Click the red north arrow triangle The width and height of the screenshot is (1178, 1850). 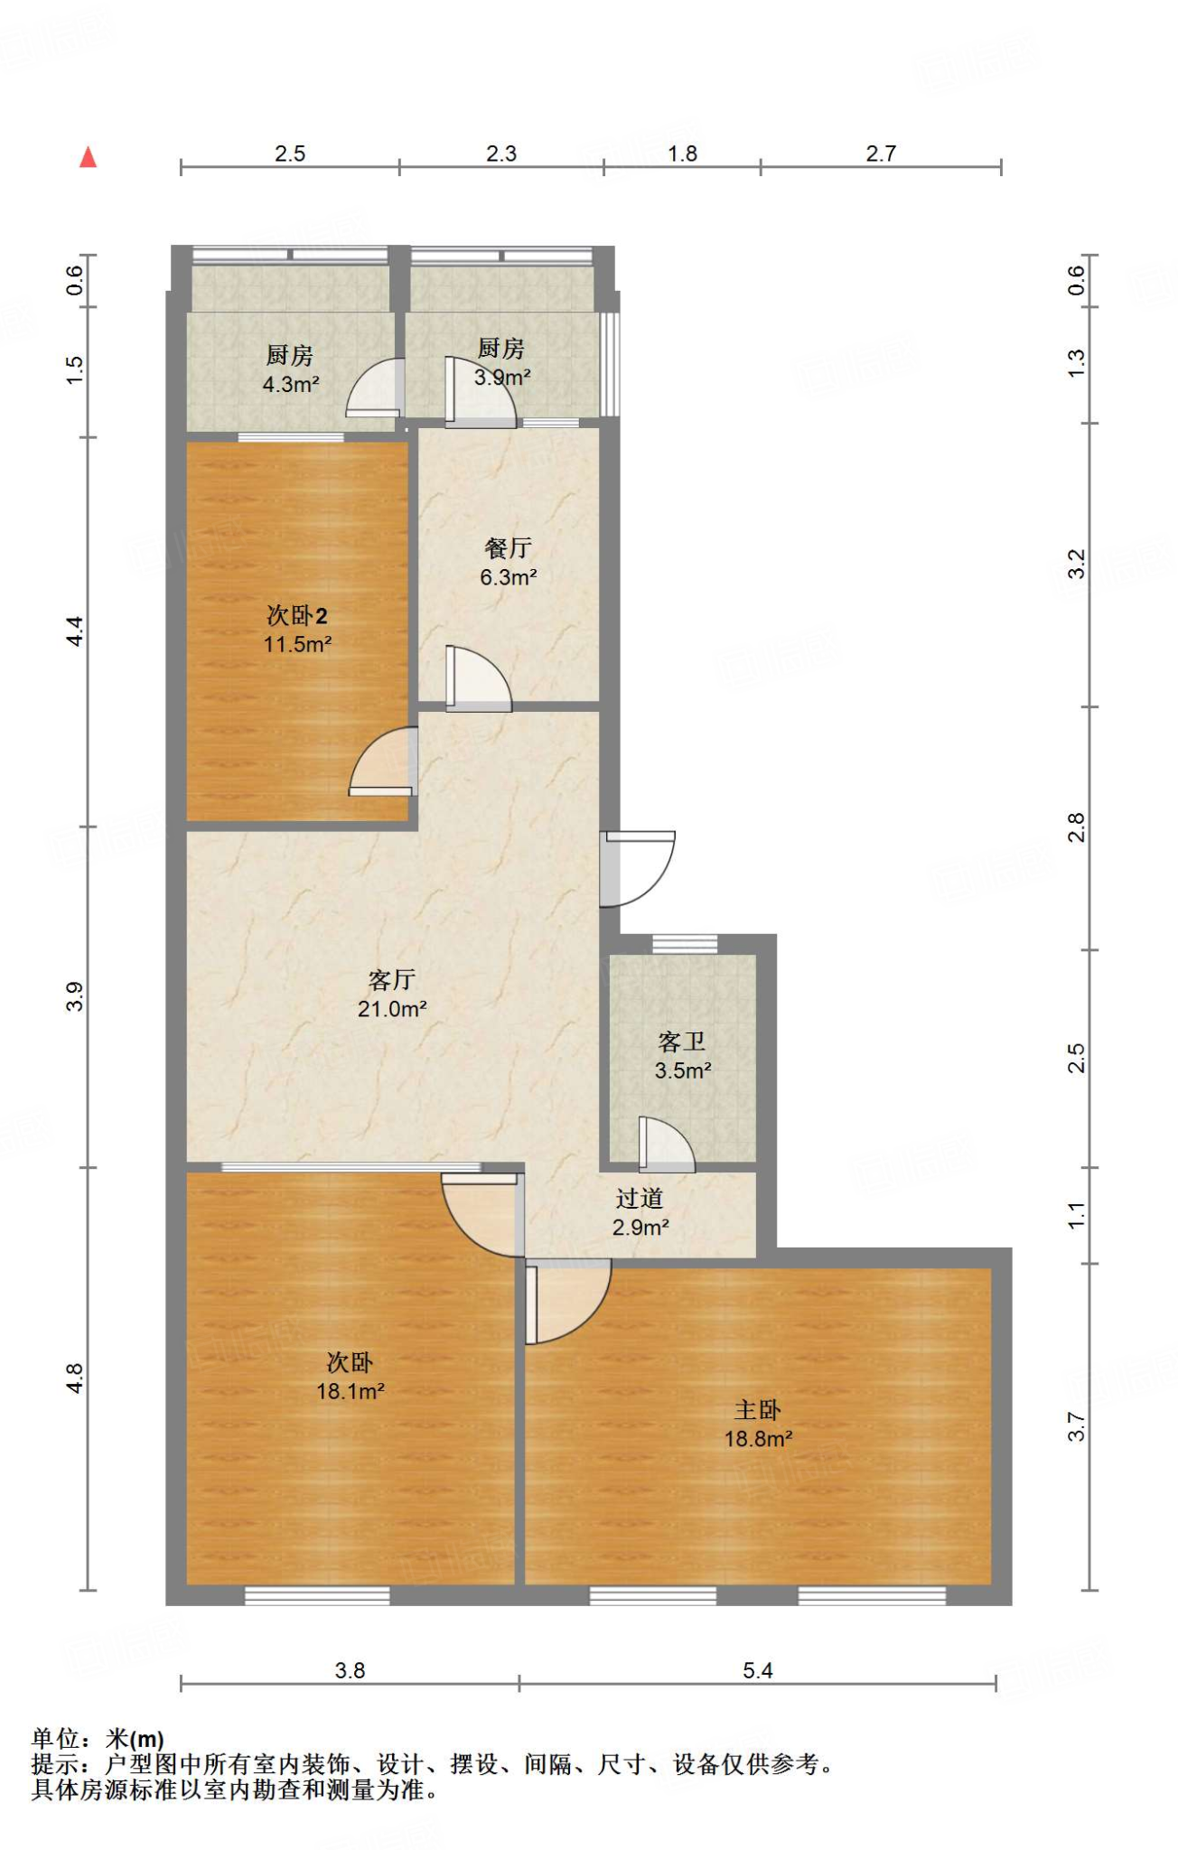[88, 157]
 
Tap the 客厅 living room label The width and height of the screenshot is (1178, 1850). [392, 979]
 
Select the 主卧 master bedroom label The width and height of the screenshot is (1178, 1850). [758, 1409]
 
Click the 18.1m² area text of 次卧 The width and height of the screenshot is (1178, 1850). [351, 1391]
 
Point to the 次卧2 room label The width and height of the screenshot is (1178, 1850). [297, 615]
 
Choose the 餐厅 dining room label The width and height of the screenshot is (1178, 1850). [508, 547]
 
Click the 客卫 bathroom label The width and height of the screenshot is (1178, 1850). [682, 1042]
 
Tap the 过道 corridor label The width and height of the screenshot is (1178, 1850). [640, 1198]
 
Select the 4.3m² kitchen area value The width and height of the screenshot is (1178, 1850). [291, 385]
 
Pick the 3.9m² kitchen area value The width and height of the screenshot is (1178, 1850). [502, 377]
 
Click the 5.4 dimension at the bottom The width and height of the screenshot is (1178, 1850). [758, 1671]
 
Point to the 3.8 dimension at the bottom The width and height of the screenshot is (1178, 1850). [350, 1671]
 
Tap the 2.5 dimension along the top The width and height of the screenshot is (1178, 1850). [290, 154]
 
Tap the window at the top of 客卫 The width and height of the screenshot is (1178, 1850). [685, 943]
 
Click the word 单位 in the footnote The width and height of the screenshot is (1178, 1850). [56, 1739]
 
